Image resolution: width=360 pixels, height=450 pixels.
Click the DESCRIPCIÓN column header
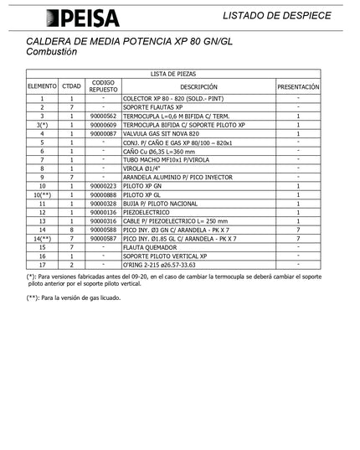point(198,86)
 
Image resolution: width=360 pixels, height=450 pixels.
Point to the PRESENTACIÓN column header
point(298,86)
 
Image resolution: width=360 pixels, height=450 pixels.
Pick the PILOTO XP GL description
point(144,194)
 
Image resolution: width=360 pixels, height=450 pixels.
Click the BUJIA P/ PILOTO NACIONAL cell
point(166,204)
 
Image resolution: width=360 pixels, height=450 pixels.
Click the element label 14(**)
point(41,239)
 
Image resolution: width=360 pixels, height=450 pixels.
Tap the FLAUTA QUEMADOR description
point(155,247)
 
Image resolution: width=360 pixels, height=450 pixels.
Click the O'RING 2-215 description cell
point(164,265)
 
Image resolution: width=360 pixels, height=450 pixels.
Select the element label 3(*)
point(41,124)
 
